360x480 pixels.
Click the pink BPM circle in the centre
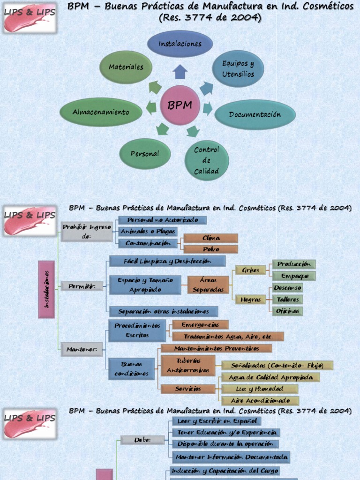coord(180,105)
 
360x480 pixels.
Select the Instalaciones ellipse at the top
coord(180,44)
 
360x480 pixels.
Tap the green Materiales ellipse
coord(126,67)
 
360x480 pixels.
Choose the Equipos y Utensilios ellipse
coord(238,68)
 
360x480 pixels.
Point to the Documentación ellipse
coord(255,114)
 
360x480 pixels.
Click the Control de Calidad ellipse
coord(206,160)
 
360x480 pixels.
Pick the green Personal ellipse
coord(145,154)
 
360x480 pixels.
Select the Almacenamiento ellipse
coord(101,112)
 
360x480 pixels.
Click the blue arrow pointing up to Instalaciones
coord(180,72)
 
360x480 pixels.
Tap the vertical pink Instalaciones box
coord(46,289)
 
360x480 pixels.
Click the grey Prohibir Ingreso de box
coord(87,232)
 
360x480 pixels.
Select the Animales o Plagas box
coord(148,232)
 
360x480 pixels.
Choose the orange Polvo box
coord(211,249)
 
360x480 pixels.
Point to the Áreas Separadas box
coord(208,285)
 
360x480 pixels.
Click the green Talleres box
coord(288,300)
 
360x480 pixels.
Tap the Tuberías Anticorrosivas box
coord(188,365)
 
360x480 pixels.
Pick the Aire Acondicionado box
coord(260,401)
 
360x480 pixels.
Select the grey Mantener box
coord(82,349)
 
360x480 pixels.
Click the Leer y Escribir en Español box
coord(216,421)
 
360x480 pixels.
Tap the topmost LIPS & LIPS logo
coord(30,18)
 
